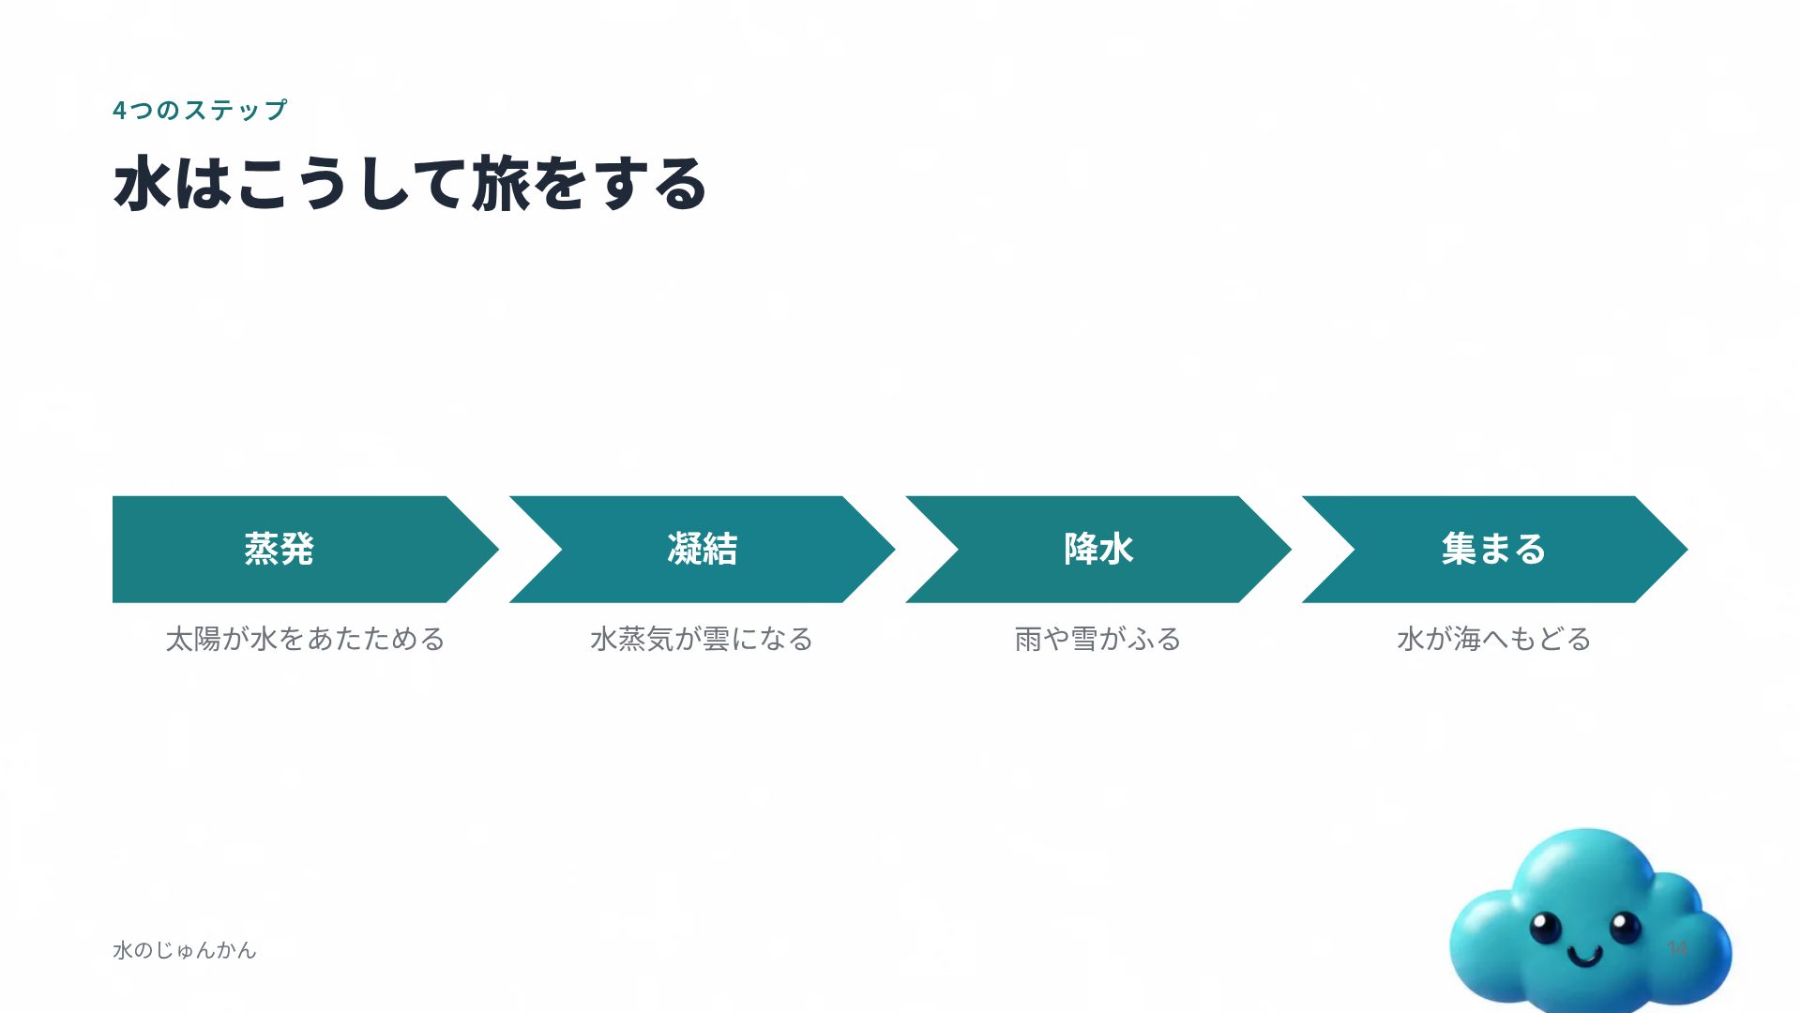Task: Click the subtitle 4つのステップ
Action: coord(200,111)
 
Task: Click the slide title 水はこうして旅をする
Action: coord(410,184)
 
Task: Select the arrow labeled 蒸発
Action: coord(306,550)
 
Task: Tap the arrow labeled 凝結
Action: coord(702,550)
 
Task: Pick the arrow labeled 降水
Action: coord(1098,550)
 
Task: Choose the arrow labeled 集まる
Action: coord(1494,550)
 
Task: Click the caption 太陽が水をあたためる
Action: coord(306,640)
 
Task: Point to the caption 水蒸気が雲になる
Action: coord(702,640)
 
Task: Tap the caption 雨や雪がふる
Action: coord(1098,640)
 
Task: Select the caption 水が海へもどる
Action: coord(1494,640)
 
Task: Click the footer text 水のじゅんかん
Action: coord(185,950)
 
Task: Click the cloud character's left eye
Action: coord(1545,929)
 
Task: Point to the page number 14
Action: coord(1677,948)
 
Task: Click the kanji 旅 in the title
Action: coord(501,184)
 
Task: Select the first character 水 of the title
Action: coord(143,184)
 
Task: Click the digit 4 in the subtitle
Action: coord(119,111)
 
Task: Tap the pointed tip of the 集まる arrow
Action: coord(1687,550)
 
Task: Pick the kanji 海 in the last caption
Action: coord(1467,640)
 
